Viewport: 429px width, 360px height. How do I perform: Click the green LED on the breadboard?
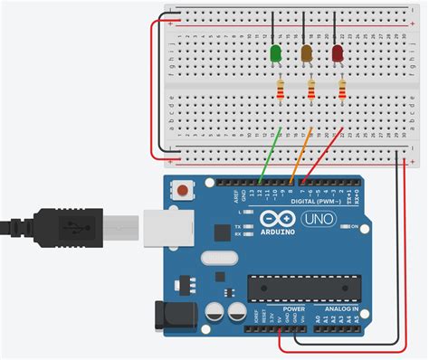pyautogui.click(x=275, y=55)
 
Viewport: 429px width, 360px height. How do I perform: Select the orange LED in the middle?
pyautogui.click(x=307, y=55)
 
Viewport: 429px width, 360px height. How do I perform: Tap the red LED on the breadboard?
pyautogui.click(x=338, y=55)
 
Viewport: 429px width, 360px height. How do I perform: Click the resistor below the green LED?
pyautogui.click(x=280, y=89)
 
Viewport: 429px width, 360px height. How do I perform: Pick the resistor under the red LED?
pyautogui.click(x=343, y=89)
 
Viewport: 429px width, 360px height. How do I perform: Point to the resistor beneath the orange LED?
pyautogui.click(x=311, y=89)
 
